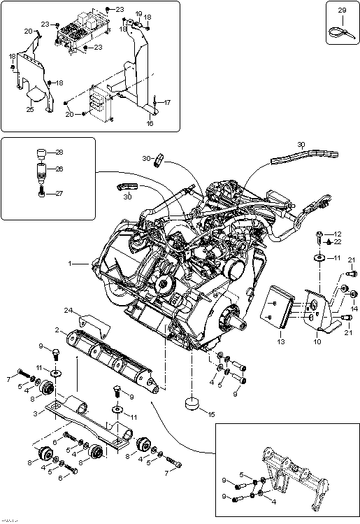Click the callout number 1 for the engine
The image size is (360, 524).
pyautogui.click(x=70, y=264)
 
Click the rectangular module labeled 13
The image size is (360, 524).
pyautogui.click(x=278, y=306)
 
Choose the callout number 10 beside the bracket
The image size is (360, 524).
pyautogui.click(x=317, y=341)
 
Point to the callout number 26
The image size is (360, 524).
pyautogui.click(x=58, y=169)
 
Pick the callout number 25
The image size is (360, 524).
pyautogui.click(x=29, y=109)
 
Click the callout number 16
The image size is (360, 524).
pyautogui.click(x=150, y=123)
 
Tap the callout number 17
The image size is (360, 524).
pyautogui.click(x=167, y=103)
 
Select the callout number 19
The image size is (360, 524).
pyautogui.click(x=138, y=14)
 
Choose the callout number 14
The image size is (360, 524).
pyautogui.click(x=354, y=308)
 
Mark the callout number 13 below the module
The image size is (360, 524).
pyautogui.click(x=280, y=342)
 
